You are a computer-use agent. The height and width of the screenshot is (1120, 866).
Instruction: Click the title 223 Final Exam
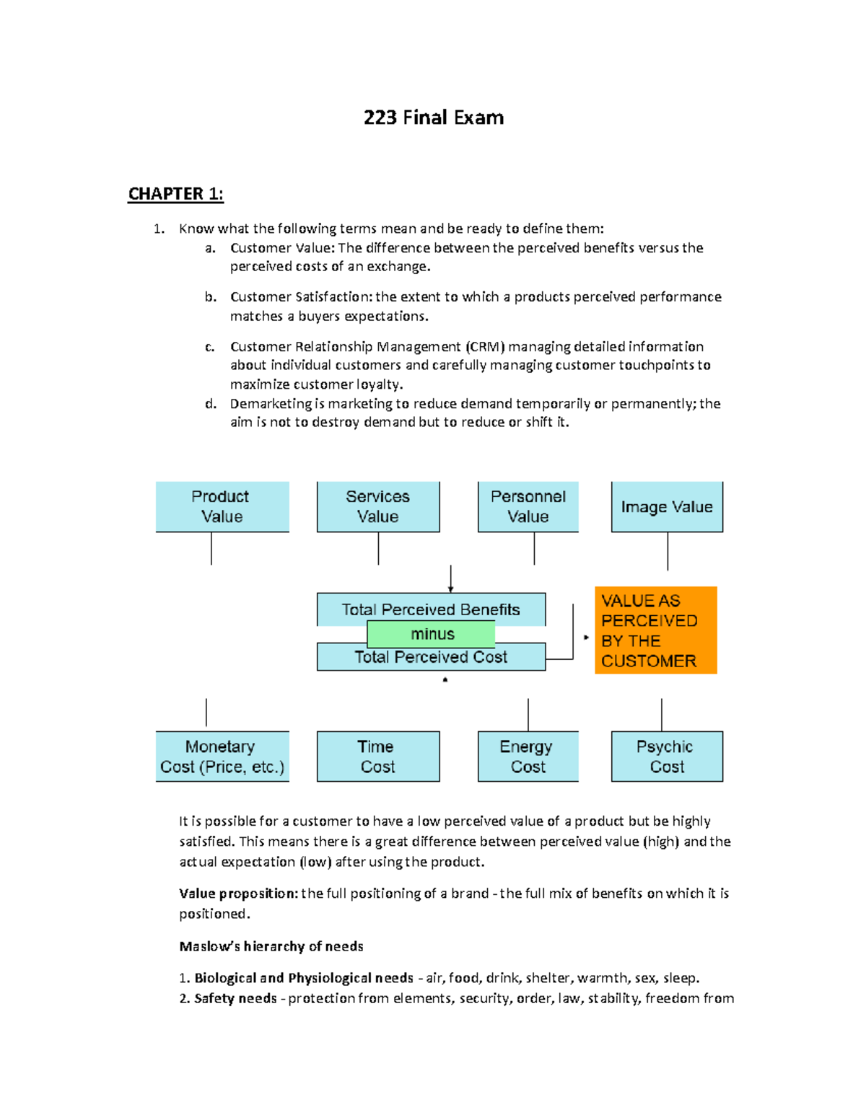(433, 118)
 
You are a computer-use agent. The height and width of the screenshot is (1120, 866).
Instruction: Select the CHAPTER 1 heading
(175, 194)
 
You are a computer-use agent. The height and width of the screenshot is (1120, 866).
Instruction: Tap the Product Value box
(222, 506)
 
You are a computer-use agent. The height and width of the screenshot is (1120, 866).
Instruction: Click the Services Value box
(377, 506)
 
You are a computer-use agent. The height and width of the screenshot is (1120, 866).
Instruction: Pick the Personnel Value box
(528, 506)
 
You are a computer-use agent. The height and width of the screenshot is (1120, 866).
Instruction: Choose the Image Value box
(667, 507)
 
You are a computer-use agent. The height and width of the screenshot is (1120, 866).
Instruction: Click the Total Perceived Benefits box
(431, 609)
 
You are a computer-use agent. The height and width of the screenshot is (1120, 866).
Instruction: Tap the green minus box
(432, 634)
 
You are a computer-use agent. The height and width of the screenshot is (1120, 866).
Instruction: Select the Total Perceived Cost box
(431, 658)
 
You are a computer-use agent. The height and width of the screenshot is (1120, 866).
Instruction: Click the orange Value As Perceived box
(655, 630)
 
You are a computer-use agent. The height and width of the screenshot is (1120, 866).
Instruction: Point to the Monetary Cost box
(222, 757)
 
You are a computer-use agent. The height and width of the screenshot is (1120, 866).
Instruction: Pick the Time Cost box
(377, 757)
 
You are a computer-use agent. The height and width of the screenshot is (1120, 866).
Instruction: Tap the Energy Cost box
(528, 757)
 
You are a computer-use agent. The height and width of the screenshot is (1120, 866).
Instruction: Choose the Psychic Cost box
(667, 757)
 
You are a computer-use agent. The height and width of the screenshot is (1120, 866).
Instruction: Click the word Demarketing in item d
(271, 404)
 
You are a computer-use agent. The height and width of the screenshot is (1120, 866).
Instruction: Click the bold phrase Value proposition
(238, 894)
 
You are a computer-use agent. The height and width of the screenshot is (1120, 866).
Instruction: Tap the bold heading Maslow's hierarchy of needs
(271, 946)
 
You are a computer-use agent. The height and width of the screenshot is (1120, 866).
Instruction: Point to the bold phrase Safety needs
(235, 998)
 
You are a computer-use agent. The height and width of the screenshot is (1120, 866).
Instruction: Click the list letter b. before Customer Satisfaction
(210, 297)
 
